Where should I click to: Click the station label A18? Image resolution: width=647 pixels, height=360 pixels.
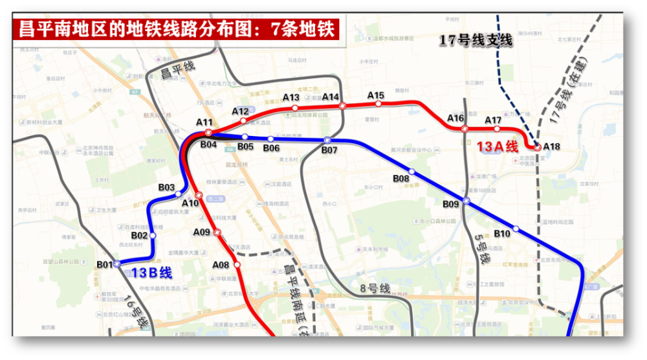tap(552, 146)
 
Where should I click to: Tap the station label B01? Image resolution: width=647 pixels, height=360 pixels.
tap(105, 264)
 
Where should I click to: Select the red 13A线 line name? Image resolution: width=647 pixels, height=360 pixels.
tap(498, 147)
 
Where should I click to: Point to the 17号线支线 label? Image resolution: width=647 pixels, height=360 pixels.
tap(476, 41)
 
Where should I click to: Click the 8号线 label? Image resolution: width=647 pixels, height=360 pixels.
tap(375, 287)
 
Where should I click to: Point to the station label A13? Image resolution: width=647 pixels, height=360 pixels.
tap(291, 97)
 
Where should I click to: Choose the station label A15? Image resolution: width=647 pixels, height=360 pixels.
tap(376, 95)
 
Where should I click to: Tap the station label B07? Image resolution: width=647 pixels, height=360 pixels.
tap(329, 151)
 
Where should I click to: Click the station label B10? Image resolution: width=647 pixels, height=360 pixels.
tap(502, 232)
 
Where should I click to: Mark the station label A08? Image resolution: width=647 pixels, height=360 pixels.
tap(221, 264)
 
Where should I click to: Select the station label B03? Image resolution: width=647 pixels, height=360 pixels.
tap(167, 187)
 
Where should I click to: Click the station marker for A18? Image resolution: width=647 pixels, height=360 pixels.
tap(537, 148)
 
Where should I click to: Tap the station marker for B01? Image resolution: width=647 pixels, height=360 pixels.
tap(117, 264)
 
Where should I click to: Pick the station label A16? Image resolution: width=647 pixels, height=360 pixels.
tap(455, 118)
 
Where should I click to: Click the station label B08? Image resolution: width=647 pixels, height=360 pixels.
tap(401, 178)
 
